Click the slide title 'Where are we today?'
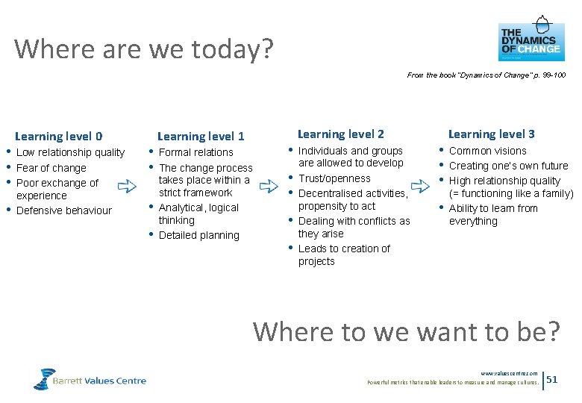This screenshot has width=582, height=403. (x=144, y=49)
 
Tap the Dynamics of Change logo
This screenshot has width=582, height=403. (x=531, y=41)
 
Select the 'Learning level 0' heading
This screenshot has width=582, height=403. (x=59, y=136)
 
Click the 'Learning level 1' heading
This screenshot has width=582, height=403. (x=201, y=136)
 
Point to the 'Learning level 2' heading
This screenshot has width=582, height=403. (x=340, y=134)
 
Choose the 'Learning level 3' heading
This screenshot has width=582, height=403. (x=491, y=134)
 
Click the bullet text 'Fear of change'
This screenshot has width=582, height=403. (x=51, y=168)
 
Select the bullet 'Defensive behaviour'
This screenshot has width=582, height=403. (x=63, y=210)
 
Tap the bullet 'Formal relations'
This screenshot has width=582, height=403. (x=196, y=152)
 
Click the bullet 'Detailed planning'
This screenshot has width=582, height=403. (x=199, y=235)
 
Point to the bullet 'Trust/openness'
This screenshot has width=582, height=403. (x=334, y=178)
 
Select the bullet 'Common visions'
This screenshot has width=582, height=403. (x=488, y=151)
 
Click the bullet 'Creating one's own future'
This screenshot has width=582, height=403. (x=508, y=166)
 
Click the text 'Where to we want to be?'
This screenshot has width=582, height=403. (x=406, y=331)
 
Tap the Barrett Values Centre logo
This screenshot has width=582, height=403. (x=90, y=380)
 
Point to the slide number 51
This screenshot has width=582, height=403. (x=552, y=379)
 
